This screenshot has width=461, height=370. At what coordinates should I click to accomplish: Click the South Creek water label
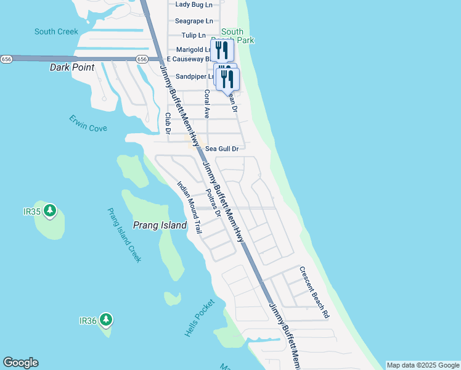tap(56, 31)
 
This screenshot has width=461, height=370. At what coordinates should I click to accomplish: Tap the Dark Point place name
tap(71, 67)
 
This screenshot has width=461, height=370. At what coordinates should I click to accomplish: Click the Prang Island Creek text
tap(124, 235)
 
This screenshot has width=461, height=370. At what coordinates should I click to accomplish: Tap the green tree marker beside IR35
tap(50, 211)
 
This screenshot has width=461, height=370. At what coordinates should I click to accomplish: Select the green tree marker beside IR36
tap(106, 320)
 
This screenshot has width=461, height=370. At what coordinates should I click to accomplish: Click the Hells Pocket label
tap(200, 318)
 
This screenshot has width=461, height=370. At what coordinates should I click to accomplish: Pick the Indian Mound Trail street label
tap(189, 207)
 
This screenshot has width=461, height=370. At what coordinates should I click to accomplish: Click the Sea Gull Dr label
tap(221, 149)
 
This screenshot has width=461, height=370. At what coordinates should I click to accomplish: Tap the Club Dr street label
tap(168, 123)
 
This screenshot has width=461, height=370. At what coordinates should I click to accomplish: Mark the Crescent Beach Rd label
tap(314, 292)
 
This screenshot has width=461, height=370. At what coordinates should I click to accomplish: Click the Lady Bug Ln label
tap(194, 4)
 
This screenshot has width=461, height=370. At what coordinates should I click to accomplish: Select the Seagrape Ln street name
tap(194, 20)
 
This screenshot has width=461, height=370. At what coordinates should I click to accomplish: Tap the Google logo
tap(20, 363)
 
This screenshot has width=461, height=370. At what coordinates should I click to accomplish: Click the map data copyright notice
tap(423, 365)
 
